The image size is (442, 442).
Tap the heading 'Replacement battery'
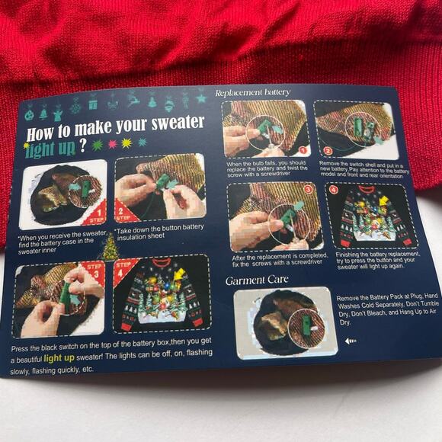pos(252,92)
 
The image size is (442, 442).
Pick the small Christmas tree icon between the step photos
pos(110,247)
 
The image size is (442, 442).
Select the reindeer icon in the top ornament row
pos(134,100)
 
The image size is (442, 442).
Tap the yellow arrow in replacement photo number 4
pos(382,200)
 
